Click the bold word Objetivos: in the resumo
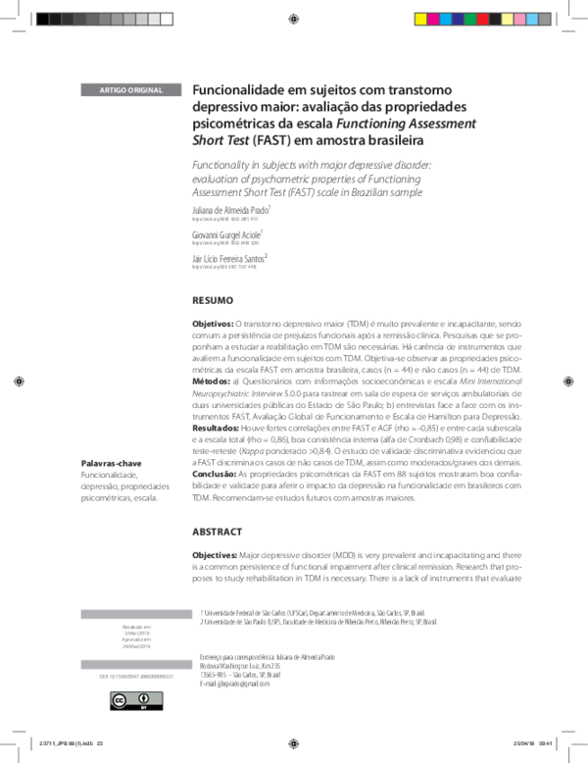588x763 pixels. tap(213, 323)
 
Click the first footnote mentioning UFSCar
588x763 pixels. tap(314, 610)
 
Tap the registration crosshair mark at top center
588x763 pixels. tap(295, 19)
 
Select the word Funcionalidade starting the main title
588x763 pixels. tap(236, 87)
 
